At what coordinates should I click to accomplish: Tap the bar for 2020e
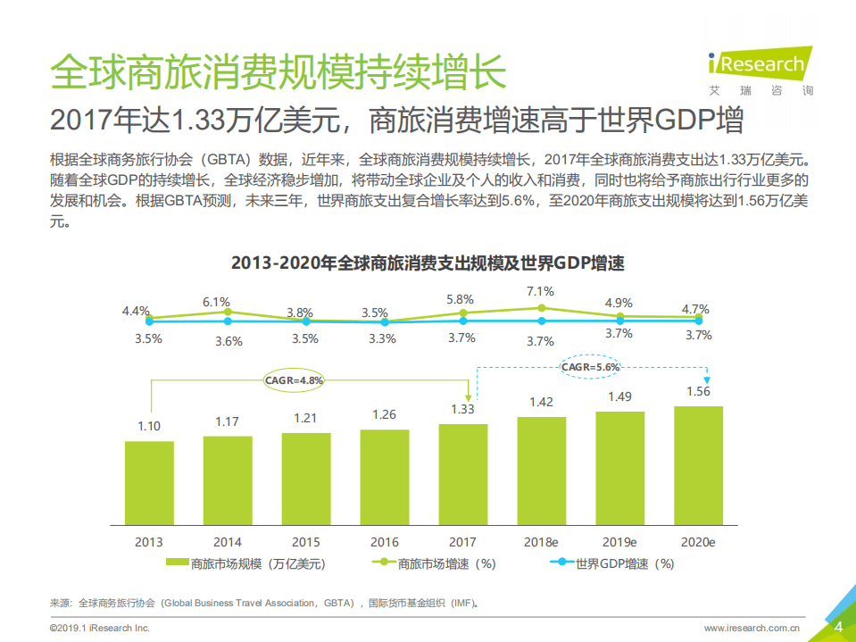[698, 465]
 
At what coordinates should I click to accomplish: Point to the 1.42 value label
[542, 402]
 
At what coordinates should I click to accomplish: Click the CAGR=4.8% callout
[295, 379]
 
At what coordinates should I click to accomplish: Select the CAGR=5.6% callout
[590, 366]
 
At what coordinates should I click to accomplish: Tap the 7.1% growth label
[540, 291]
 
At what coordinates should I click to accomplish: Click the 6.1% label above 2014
[216, 302]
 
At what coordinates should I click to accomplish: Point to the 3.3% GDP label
[383, 339]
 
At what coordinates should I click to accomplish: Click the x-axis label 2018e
[541, 541]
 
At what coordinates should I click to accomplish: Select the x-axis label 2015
[305, 541]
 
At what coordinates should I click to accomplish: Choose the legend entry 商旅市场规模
[245, 563]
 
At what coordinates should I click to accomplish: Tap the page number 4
[837, 626]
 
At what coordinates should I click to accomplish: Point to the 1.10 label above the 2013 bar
[149, 426]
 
